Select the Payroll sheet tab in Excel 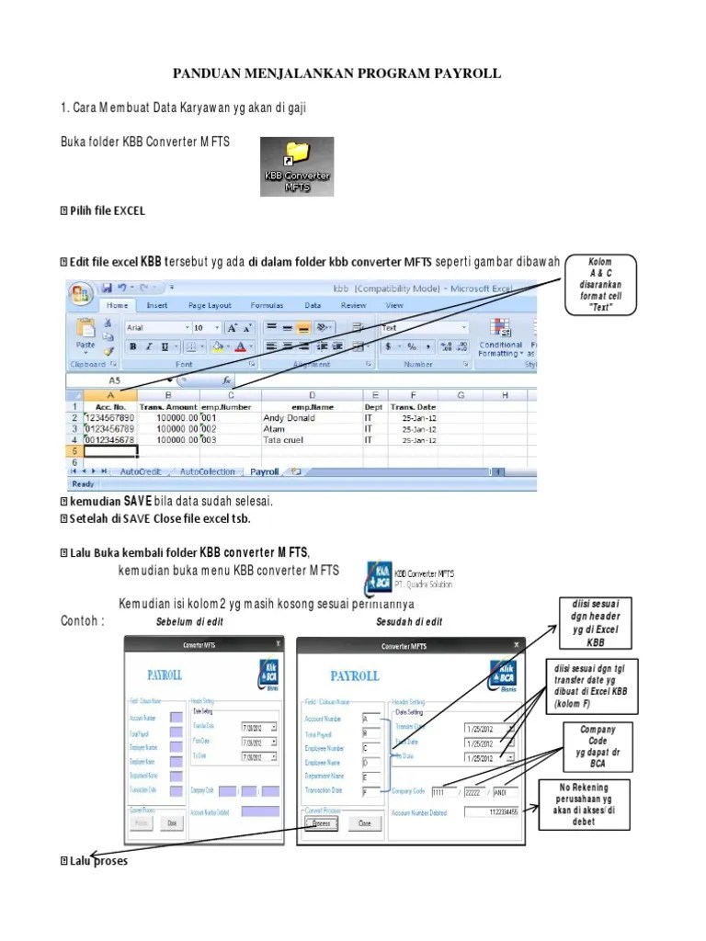tap(264, 471)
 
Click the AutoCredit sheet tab tap(138, 471)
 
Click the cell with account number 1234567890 tap(109, 416)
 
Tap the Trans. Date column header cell tap(413, 405)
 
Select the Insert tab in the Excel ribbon tap(157, 305)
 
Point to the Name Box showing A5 tap(115, 380)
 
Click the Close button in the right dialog tap(364, 824)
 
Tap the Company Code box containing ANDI tap(506, 790)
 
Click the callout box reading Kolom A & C tap(599, 285)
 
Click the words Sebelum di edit tap(190, 622)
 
